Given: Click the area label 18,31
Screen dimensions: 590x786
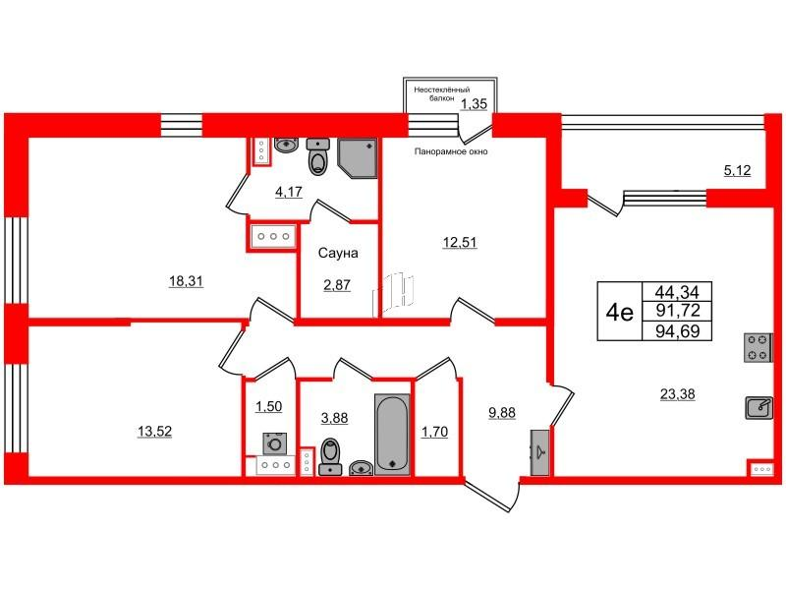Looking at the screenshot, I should coord(185,280).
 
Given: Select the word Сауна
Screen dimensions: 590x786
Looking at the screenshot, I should coord(337,253).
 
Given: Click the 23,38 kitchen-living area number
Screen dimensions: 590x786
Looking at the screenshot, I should coord(679,395).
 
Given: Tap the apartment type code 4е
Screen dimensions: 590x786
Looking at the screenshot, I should coord(619,314).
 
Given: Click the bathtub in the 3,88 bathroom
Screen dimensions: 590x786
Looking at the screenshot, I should coord(390,433).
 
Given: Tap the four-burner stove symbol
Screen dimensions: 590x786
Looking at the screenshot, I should coord(758,347).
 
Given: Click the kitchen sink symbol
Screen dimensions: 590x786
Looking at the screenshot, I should coord(758,407).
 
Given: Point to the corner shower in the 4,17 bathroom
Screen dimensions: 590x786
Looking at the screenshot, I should coord(359,155).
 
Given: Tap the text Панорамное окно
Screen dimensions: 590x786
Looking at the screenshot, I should coord(451,151).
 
